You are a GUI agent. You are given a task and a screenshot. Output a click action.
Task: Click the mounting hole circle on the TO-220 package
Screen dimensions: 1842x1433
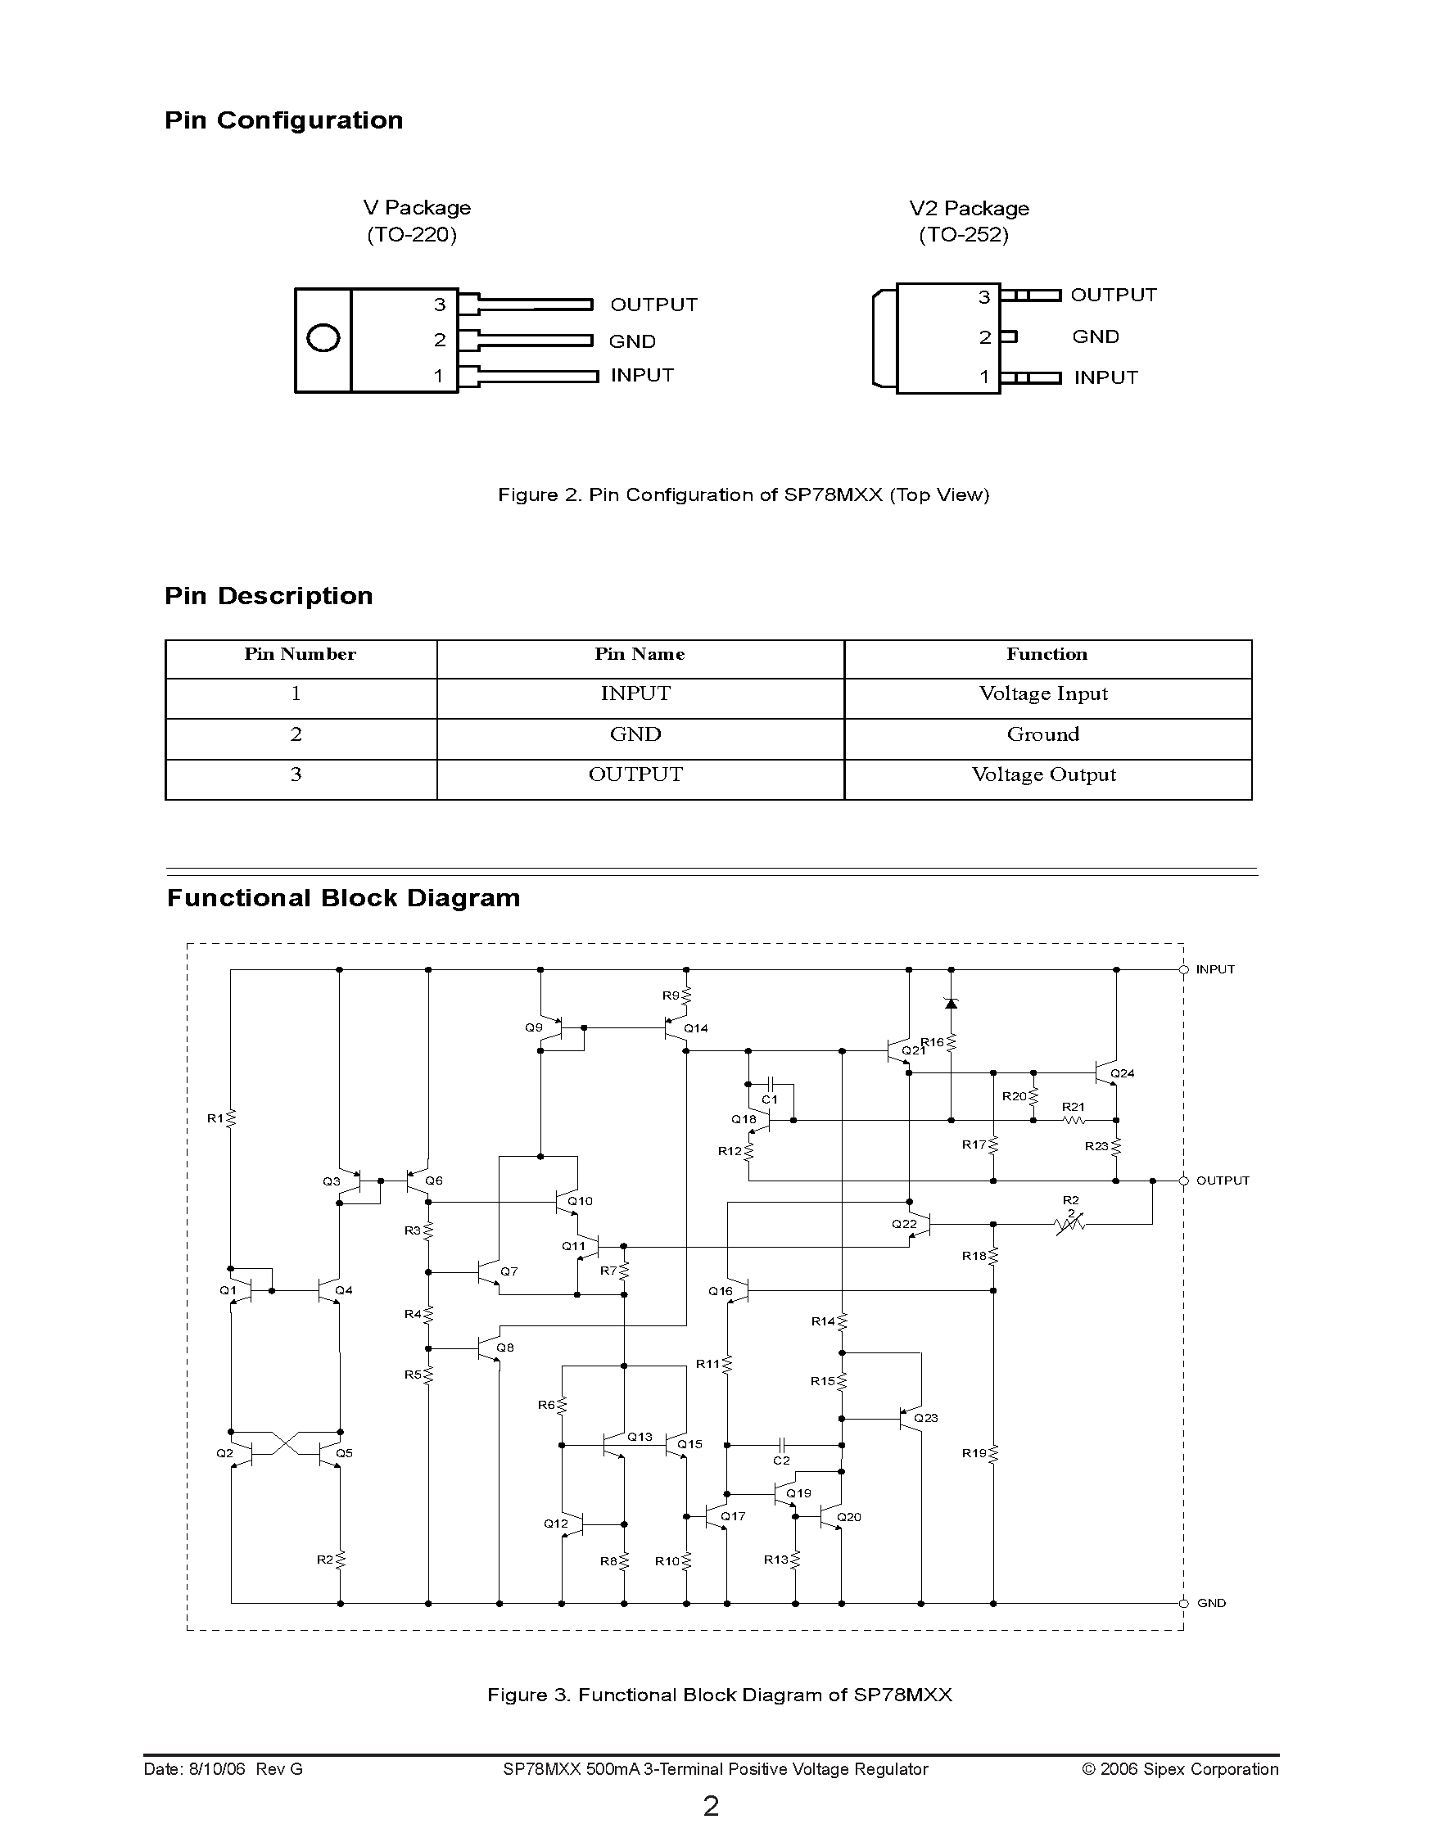click(323, 338)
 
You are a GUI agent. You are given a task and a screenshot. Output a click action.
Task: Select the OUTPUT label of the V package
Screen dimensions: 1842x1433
click(653, 305)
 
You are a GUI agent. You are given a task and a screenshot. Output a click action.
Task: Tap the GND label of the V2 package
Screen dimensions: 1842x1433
click(1096, 336)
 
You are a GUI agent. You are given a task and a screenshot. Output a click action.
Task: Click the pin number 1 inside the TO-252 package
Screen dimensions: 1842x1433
click(984, 377)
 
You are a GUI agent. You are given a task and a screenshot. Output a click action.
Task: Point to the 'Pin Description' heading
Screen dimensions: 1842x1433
click(269, 595)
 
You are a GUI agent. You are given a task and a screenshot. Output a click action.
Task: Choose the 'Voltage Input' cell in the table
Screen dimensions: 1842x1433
click(1043, 693)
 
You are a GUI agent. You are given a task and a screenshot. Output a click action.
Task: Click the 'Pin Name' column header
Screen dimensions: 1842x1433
click(640, 654)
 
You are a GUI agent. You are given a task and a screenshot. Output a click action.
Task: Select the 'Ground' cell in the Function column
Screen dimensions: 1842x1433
click(1043, 734)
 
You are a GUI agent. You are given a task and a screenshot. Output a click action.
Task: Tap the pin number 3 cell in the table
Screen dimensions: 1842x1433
click(296, 774)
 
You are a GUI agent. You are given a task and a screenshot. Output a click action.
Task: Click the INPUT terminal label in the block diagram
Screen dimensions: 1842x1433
click(1214, 969)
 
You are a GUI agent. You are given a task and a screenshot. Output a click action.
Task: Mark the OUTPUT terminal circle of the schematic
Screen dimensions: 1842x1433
click(1183, 1181)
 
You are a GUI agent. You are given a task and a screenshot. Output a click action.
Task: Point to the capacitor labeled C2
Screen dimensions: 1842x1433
click(782, 1444)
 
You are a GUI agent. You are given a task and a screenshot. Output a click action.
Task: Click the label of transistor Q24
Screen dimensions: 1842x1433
click(1123, 1073)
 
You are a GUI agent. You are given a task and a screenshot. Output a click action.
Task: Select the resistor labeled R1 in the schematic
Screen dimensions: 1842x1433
click(231, 1118)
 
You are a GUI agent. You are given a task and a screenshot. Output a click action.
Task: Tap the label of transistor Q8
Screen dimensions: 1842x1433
click(505, 1348)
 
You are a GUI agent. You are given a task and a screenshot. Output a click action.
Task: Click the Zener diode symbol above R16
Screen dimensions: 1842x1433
click(952, 1004)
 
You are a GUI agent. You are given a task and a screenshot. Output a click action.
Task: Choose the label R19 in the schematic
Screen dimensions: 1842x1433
click(974, 1453)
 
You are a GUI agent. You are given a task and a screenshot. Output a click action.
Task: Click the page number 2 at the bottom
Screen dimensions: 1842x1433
click(711, 1806)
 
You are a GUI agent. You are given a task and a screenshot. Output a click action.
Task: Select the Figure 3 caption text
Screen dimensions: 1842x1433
click(720, 1695)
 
